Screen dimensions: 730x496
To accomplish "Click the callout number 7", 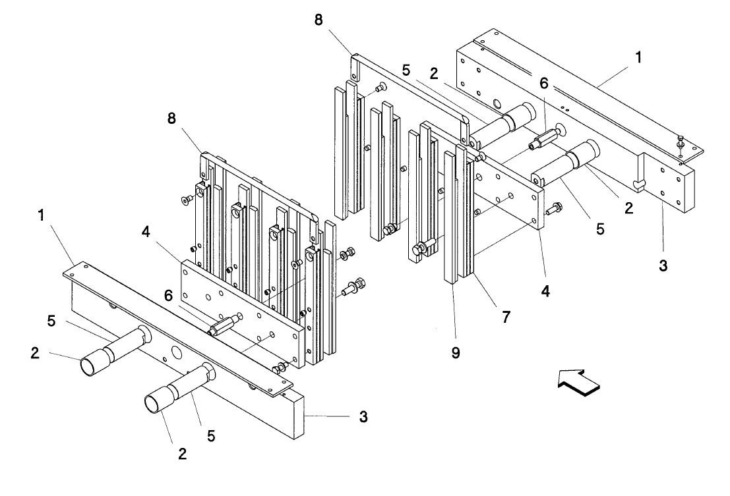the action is point(506,317).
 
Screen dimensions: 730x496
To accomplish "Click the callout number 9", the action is point(456,353).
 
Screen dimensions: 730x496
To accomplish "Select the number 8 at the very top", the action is point(319,20).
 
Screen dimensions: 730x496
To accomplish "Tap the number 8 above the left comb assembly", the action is point(172,119).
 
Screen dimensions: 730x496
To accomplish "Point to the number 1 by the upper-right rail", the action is point(638,57).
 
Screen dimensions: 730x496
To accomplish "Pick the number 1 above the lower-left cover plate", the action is point(42,215).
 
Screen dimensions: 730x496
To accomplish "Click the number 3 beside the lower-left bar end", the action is point(363,416).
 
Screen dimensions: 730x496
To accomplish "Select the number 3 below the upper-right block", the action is point(663,266).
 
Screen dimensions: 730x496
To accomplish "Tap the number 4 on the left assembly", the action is point(146,232).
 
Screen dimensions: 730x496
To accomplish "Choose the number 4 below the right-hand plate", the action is point(545,291).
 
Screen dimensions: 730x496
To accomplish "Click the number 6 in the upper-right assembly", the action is point(544,83).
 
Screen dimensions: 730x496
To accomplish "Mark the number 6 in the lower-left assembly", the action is point(168,295).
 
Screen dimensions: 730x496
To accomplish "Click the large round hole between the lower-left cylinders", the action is point(176,351).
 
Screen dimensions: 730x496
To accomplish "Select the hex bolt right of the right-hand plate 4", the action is point(553,209).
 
